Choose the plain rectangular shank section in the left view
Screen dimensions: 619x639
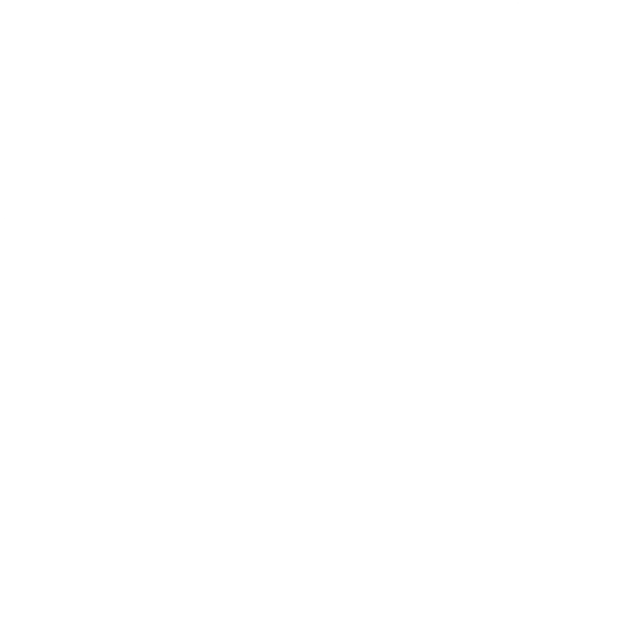154,305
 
